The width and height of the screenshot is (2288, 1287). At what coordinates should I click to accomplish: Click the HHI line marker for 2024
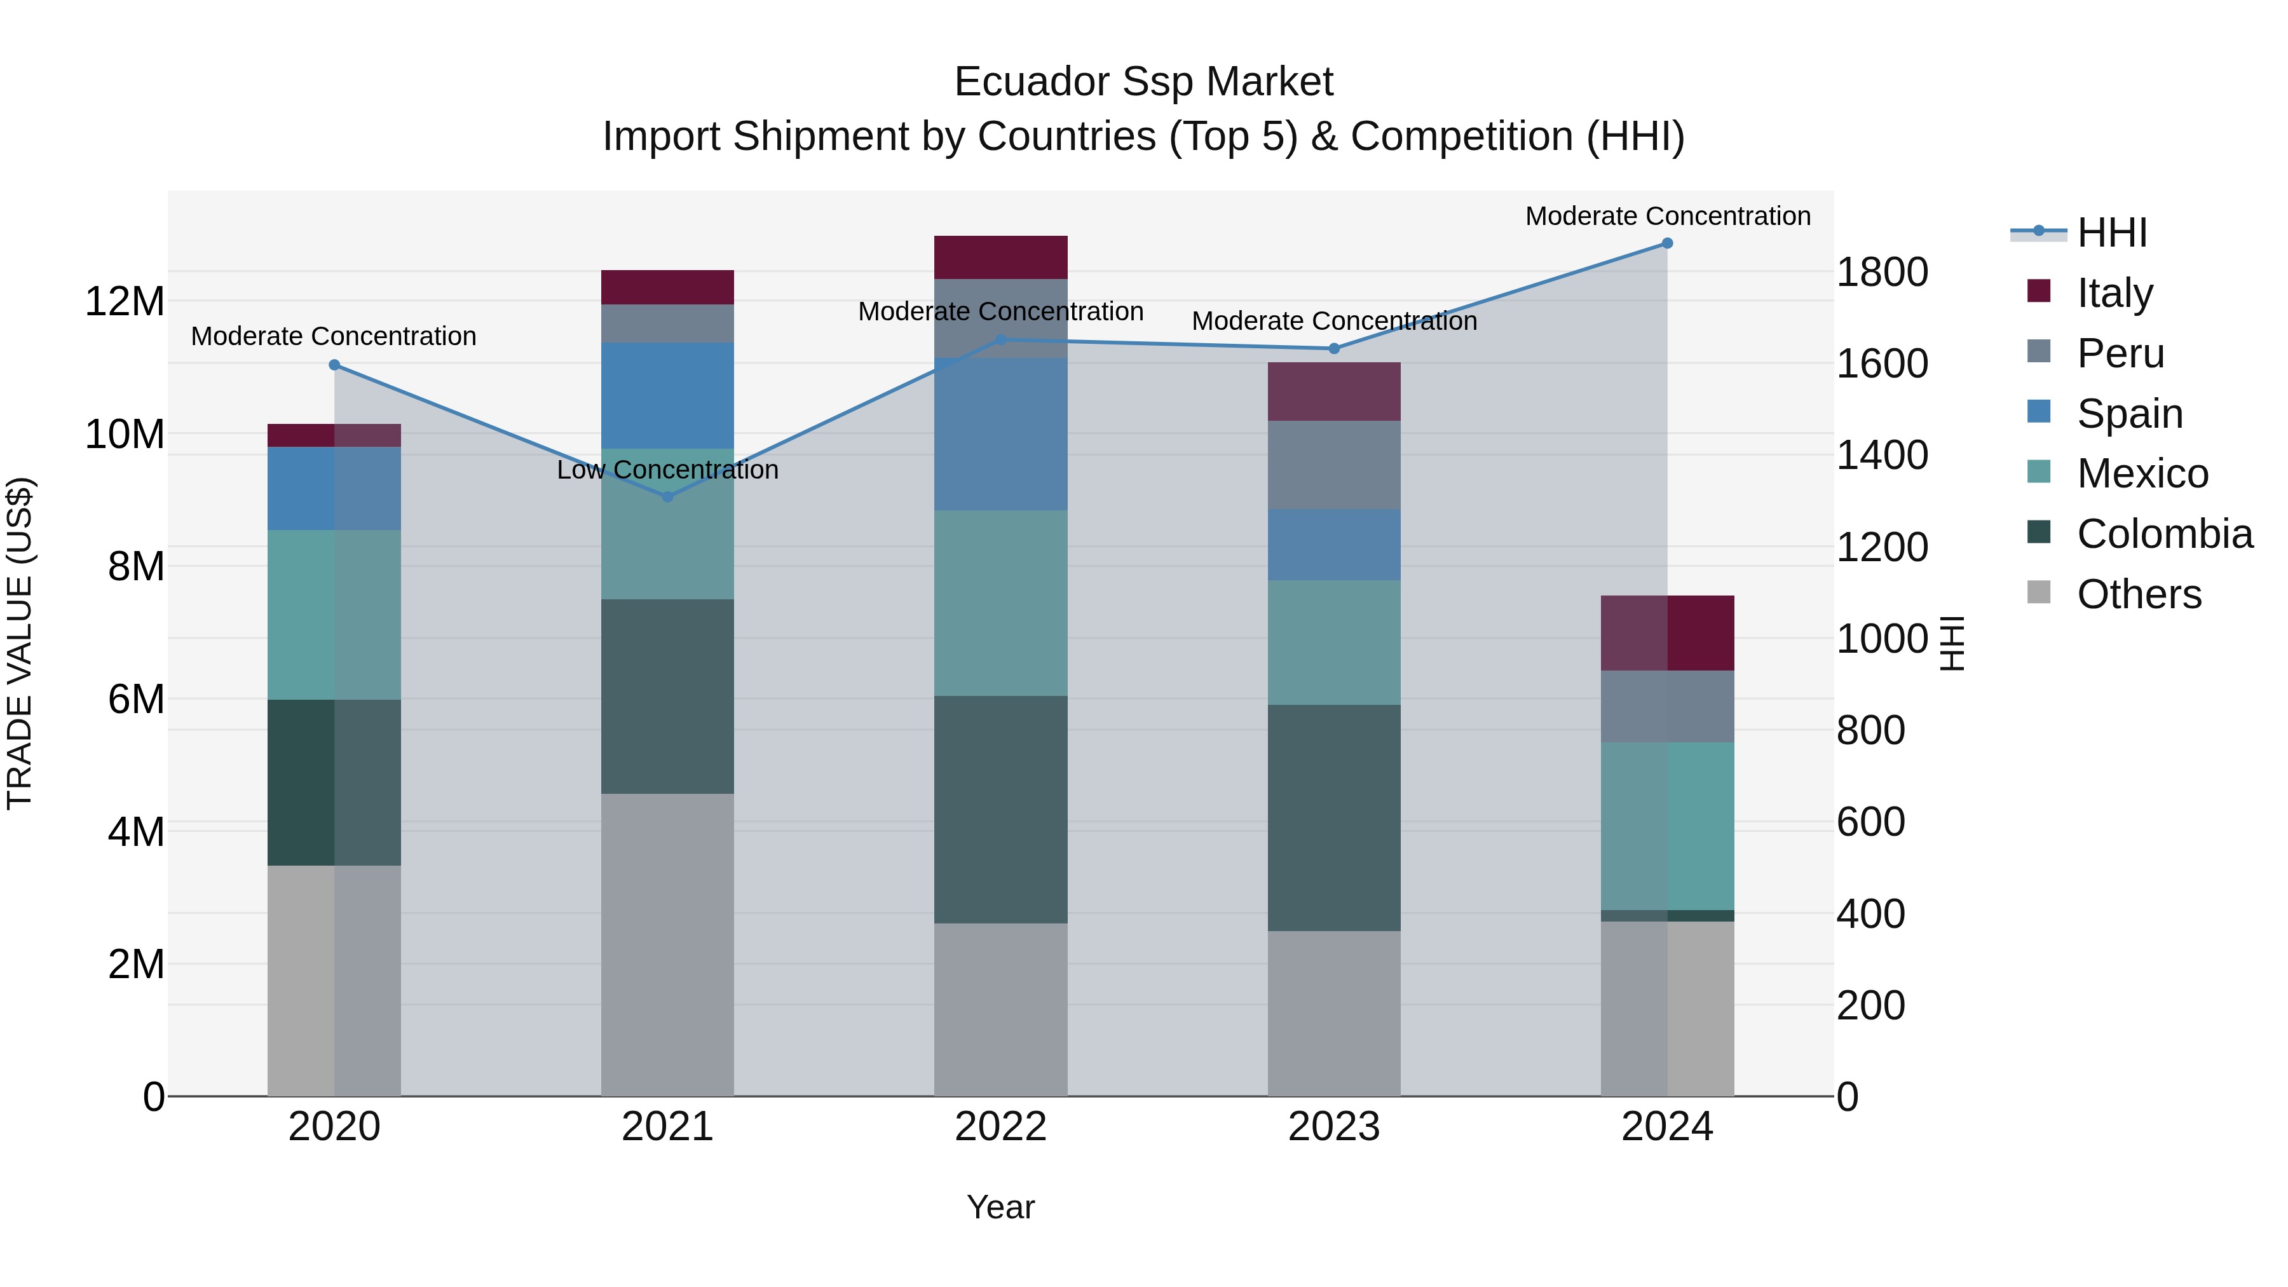point(1667,243)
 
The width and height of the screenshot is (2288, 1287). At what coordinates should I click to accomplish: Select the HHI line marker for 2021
point(668,496)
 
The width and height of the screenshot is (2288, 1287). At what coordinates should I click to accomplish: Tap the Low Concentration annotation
point(667,470)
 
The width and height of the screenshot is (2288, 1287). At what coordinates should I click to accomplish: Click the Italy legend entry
point(2114,293)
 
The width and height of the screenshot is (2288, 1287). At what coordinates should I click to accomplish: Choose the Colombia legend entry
point(2163,534)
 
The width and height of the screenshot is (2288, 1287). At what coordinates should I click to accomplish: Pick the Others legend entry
point(2139,594)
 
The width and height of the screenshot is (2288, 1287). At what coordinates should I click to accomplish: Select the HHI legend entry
point(2111,233)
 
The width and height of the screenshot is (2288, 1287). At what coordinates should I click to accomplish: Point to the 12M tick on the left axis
point(125,302)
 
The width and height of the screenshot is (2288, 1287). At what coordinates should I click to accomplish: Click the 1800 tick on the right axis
point(1882,272)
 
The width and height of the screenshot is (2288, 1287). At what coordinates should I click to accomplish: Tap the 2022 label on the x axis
point(1000,1127)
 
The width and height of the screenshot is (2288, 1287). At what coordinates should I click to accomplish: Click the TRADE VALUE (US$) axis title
point(20,643)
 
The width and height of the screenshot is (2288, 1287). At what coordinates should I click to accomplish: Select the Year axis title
point(1000,1207)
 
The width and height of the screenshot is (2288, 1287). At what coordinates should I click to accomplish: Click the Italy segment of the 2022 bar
point(1000,257)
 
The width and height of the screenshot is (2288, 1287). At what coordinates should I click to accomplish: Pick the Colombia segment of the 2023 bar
point(1333,817)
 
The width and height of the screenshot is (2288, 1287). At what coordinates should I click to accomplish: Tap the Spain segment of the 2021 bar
point(667,395)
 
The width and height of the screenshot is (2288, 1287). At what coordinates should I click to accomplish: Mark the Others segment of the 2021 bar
point(667,944)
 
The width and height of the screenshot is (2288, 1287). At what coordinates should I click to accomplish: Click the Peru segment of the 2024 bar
point(1667,706)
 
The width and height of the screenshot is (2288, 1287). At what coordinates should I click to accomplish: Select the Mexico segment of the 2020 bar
point(334,615)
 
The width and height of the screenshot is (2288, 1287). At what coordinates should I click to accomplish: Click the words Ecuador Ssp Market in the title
point(1143,82)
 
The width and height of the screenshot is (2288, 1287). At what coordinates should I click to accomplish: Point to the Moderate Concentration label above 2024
point(1667,216)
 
